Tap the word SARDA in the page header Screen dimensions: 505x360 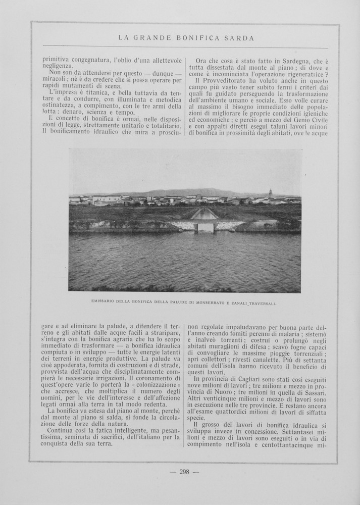click(x=241, y=38)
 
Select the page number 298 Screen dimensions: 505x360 click(x=184, y=472)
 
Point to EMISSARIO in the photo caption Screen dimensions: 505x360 click(x=105, y=302)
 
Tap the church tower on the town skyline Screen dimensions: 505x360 click(x=271, y=193)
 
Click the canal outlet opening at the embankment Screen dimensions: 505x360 click(x=205, y=227)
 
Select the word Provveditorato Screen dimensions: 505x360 click(x=226, y=80)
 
